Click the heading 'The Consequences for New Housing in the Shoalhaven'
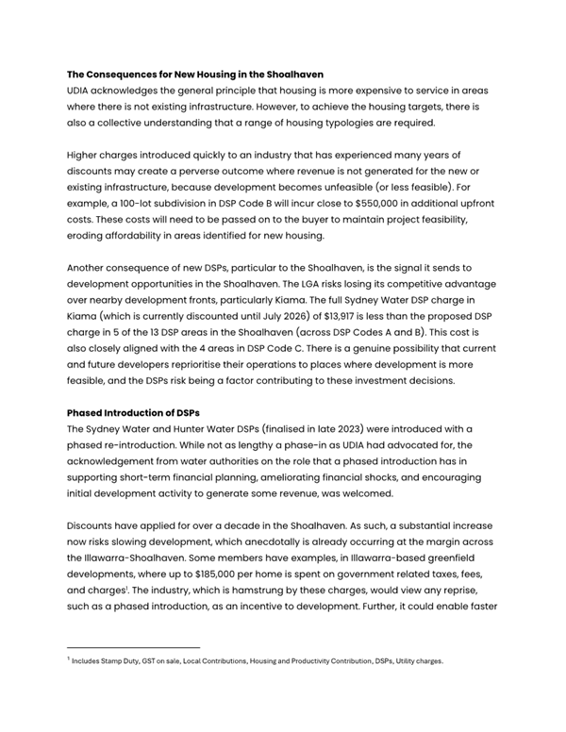194,74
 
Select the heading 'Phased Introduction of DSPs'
135,412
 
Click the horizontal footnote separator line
133,648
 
